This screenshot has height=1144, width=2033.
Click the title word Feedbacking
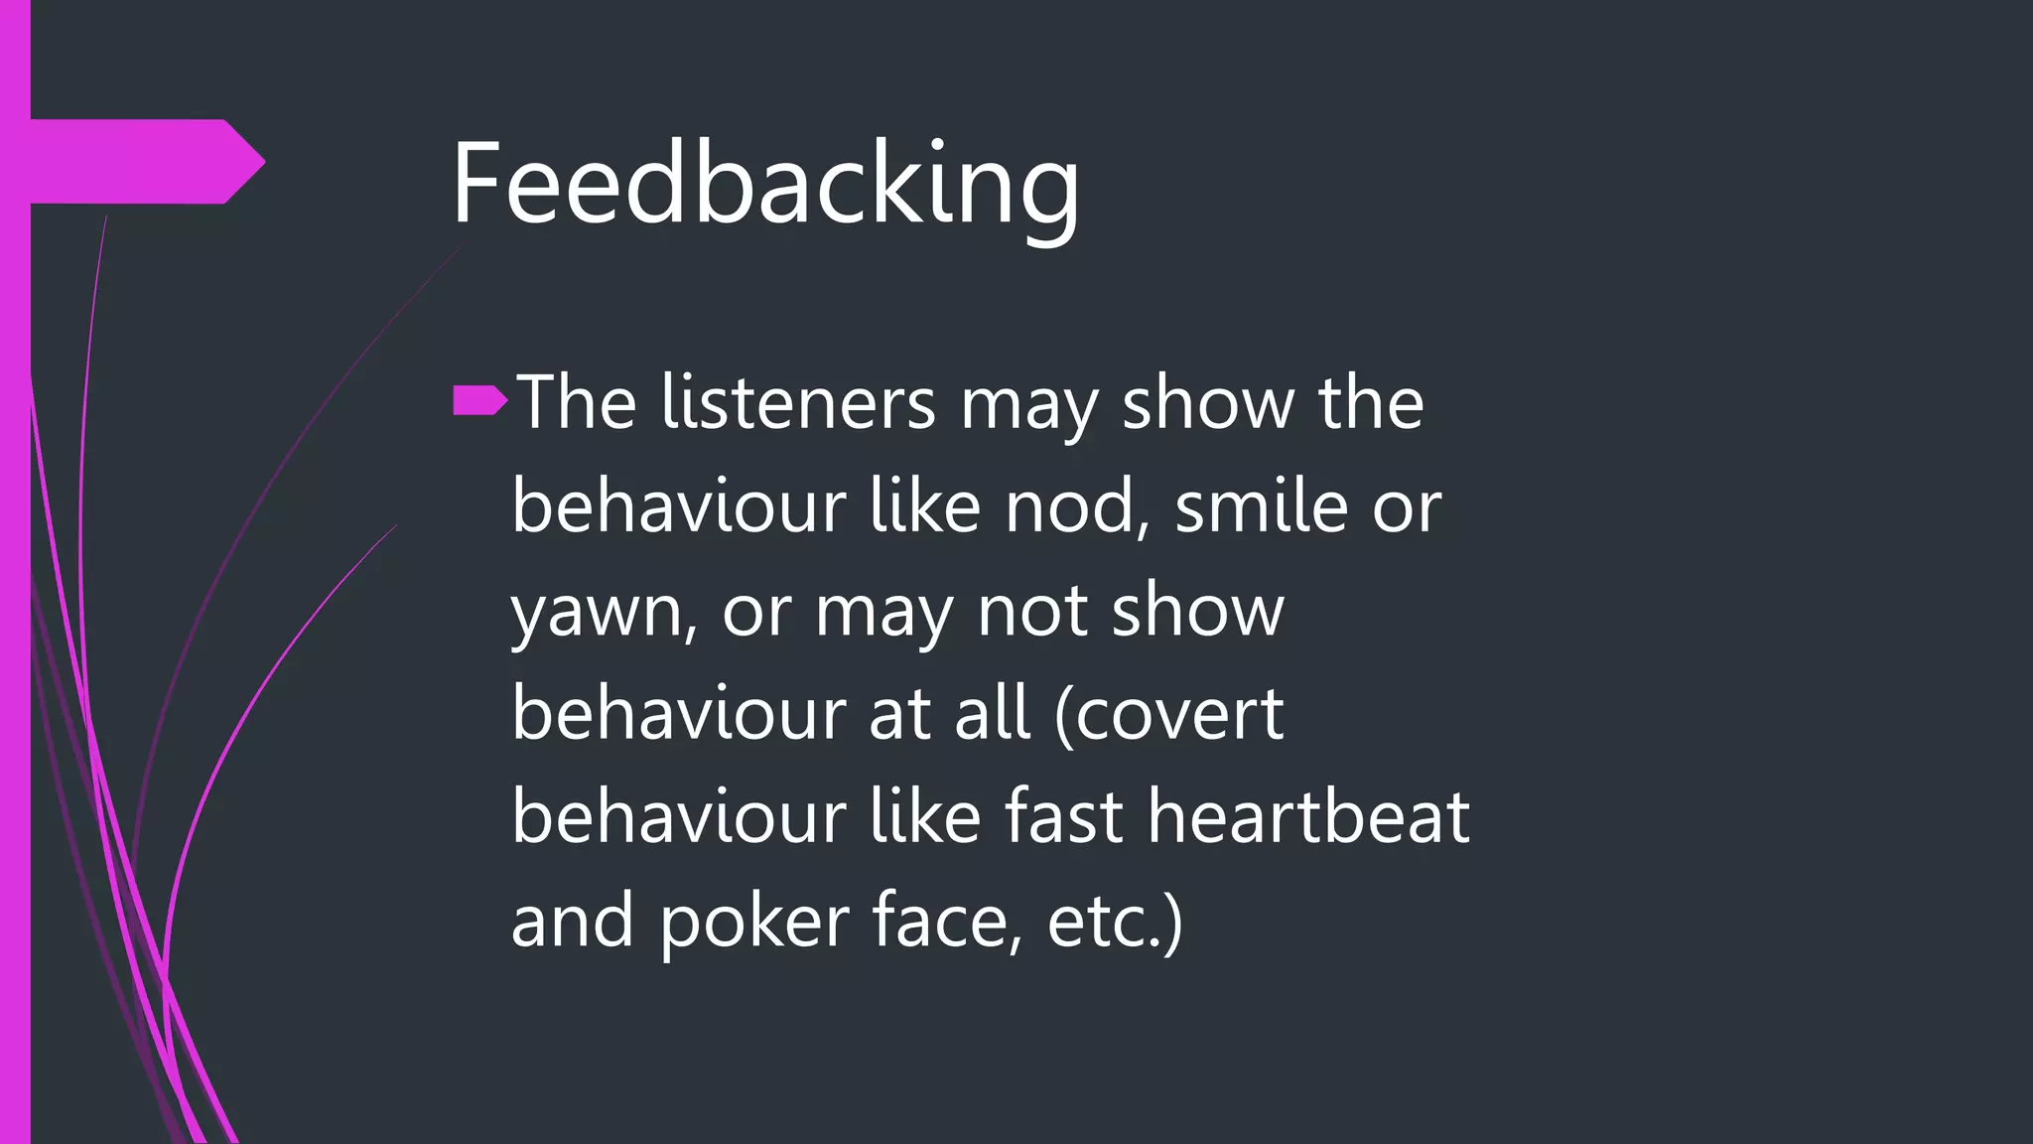764,186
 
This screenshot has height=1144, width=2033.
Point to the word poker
754,922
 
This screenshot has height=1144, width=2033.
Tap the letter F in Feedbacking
476,184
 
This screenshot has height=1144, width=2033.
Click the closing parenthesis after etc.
1171,922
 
